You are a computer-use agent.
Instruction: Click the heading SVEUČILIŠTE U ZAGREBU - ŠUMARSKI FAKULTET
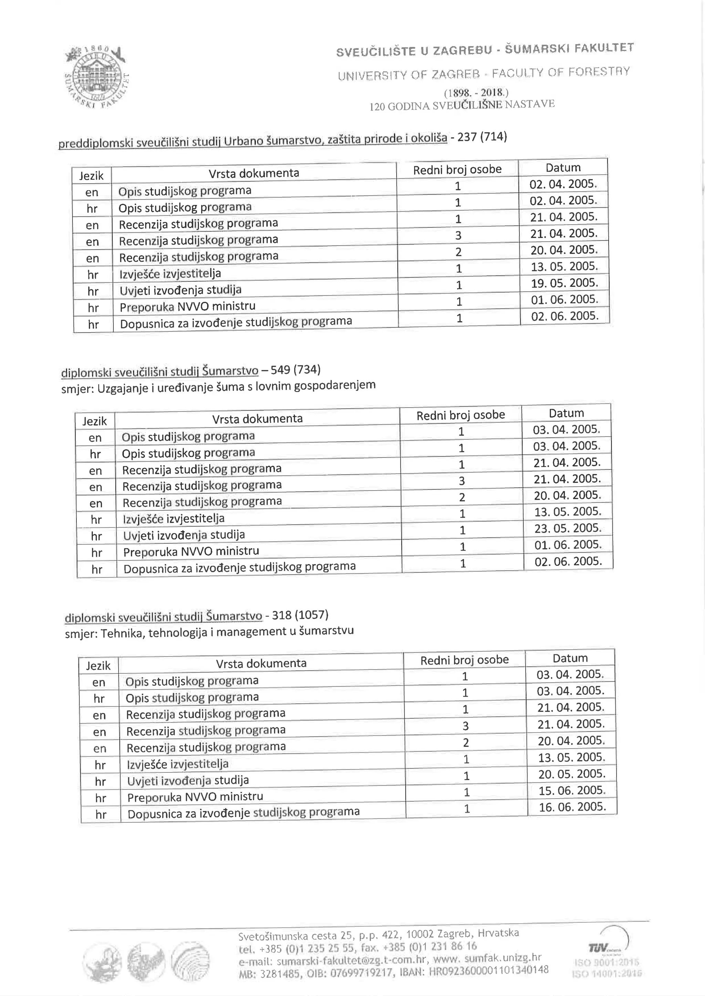(x=484, y=50)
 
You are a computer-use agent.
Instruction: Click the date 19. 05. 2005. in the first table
(x=564, y=283)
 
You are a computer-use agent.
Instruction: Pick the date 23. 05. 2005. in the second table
(x=568, y=528)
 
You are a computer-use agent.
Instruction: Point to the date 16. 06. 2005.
(x=572, y=806)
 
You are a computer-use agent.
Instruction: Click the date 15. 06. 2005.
(x=572, y=790)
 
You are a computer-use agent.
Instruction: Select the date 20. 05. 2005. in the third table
(x=571, y=773)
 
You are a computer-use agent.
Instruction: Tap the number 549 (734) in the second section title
(x=295, y=370)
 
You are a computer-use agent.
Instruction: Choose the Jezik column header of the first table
(x=92, y=176)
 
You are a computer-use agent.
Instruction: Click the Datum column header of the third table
(x=570, y=658)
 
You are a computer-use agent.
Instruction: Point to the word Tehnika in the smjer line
(x=123, y=634)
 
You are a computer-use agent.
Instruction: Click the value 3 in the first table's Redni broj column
(x=458, y=236)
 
